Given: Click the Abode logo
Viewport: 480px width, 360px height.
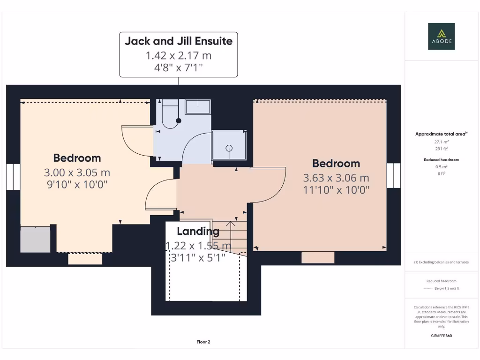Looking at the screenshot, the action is coord(441,36).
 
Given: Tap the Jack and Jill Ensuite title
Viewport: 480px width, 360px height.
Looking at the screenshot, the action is coord(179,41).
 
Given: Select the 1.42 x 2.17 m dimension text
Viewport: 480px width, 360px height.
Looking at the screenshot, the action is coord(179,55).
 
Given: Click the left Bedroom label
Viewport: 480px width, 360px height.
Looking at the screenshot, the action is coord(77,158).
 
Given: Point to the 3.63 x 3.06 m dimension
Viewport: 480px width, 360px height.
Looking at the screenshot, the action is coord(336,178).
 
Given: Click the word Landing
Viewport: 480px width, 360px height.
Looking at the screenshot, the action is coord(198,231).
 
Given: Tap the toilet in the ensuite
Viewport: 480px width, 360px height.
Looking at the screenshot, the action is coord(170,114).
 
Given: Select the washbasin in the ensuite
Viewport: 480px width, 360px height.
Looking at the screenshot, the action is coord(198,107).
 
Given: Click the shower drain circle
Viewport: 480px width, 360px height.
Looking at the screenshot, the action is coord(229,148).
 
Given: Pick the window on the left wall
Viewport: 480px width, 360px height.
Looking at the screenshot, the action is coord(13,177).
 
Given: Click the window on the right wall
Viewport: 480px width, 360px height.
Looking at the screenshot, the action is coord(393,175).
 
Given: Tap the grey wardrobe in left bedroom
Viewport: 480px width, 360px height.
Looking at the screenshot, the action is coord(35,240).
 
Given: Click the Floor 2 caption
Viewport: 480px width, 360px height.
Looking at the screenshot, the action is coord(203,342).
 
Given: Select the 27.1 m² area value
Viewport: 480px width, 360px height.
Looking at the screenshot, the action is coord(441,142).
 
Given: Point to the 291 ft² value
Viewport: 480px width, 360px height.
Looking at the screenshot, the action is coord(441,149).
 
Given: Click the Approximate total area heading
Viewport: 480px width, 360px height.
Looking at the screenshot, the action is coord(441,134).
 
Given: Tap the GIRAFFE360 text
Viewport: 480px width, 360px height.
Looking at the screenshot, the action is coord(441,336).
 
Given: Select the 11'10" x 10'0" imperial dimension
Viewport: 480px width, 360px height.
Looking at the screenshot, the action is coord(336,190).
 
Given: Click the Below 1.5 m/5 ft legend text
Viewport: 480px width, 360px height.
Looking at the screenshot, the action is coord(447,288).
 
